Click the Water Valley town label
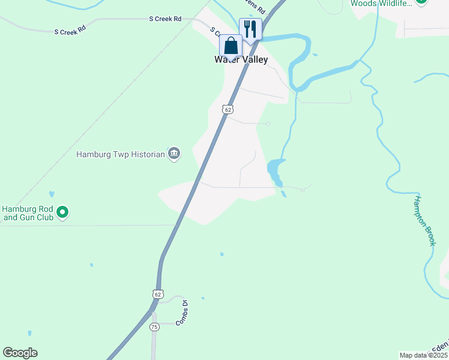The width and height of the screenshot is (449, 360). click(x=241, y=60)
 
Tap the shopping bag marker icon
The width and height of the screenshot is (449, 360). click(x=231, y=46)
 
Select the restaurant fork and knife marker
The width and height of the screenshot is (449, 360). click(x=250, y=29)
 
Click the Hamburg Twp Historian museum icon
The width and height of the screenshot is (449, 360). click(x=174, y=154)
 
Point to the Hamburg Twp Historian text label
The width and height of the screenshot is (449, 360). click(x=120, y=154)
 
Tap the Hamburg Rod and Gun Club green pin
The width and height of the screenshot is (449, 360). click(x=62, y=211)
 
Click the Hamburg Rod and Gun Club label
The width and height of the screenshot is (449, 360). click(x=28, y=213)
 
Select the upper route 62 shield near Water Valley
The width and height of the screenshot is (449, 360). click(x=226, y=109)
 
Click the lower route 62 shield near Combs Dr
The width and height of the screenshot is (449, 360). click(x=157, y=294)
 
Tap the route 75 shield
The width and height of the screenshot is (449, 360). click(x=154, y=327)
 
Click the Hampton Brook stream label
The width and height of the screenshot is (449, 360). click(x=425, y=220)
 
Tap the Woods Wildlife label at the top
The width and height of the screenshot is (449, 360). click(x=381, y=4)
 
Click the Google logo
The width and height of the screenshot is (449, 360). click(x=20, y=353)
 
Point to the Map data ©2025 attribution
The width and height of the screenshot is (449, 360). click(x=423, y=355)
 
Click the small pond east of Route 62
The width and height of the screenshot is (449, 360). click(x=275, y=170)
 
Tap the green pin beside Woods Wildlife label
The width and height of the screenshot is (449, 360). click(x=421, y=2)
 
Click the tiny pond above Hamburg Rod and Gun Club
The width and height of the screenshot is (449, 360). click(x=52, y=194)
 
